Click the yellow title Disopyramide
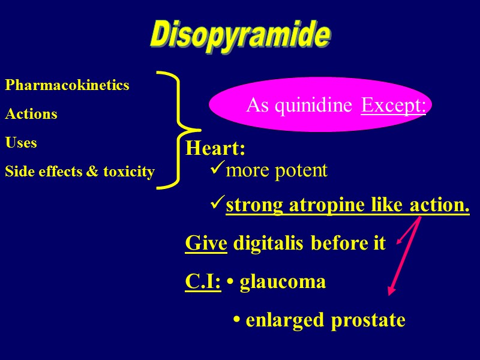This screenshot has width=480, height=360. click(x=239, y=36)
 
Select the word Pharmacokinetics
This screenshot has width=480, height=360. click(x=67, y=85)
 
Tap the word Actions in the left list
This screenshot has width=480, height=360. click(x=31, y=114)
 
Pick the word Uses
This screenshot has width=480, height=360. click(x=21, y=143)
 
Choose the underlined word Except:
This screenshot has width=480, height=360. click(x=394, y=106)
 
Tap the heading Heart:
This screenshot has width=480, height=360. click(x=215, y=148)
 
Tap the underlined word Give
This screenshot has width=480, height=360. click(x=206, y=244)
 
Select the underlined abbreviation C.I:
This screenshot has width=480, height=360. click(x=203, y=281)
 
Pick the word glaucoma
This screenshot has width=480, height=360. click(x=283, y=282)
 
